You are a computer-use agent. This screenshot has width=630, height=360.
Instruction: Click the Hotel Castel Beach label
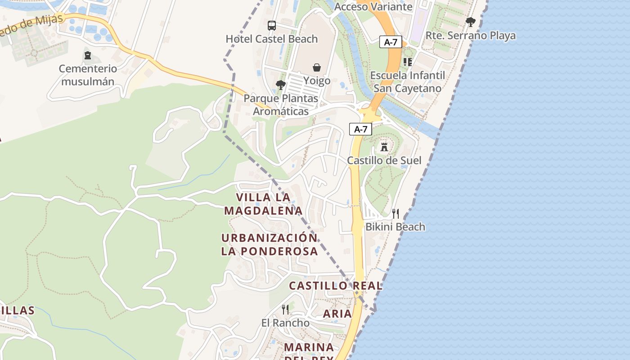pyautogui.click(x=272, y=39)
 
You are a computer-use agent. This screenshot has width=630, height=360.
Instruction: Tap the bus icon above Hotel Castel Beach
pyautogui.click(x=272, y=26)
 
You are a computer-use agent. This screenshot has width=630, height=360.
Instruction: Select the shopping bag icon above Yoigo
pyautogui.click(x=317, y=67)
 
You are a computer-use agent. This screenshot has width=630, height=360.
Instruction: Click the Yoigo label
pyautogui.click(x=317, y=81)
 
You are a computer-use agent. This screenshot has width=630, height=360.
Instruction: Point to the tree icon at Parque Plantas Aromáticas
pyautogui.click(x=281, y=85)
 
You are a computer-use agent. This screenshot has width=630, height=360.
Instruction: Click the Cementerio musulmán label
pyautogui.click(x=88, y=75)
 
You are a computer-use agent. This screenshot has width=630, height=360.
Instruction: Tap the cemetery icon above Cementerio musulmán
pyautogui.click(x=88, y=55)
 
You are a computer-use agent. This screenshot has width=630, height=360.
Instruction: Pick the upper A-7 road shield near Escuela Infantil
pyautogui.click(x=391, y=42)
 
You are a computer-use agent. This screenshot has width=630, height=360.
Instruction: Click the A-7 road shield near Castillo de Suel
pyautogui.click(x=361, y=130)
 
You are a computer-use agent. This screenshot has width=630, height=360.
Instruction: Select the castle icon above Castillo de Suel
pyautogui.click(x=384, y=147)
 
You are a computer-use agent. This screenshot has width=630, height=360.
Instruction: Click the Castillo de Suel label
pyautogui.click(x=384, y=161)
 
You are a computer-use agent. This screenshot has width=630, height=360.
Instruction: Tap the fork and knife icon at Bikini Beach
pyautogui.click(x=396, y=213)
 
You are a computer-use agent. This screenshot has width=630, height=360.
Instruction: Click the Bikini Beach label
pyautogui.click(x=395, y=227)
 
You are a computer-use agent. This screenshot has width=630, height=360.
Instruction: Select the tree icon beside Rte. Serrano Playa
pyautogui.click(x=471, y=22)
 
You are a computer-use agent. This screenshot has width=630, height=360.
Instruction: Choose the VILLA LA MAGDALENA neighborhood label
pyautogui.click(x=263, y=204)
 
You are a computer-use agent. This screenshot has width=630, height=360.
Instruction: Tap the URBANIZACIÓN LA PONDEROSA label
pyautogui.click(x=270, y=244)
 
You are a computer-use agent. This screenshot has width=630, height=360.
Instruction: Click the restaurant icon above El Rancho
pyautogui.click(x=285, y=309)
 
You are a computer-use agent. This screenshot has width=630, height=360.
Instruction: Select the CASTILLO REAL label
pyautogui.click(x=336, y=286)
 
